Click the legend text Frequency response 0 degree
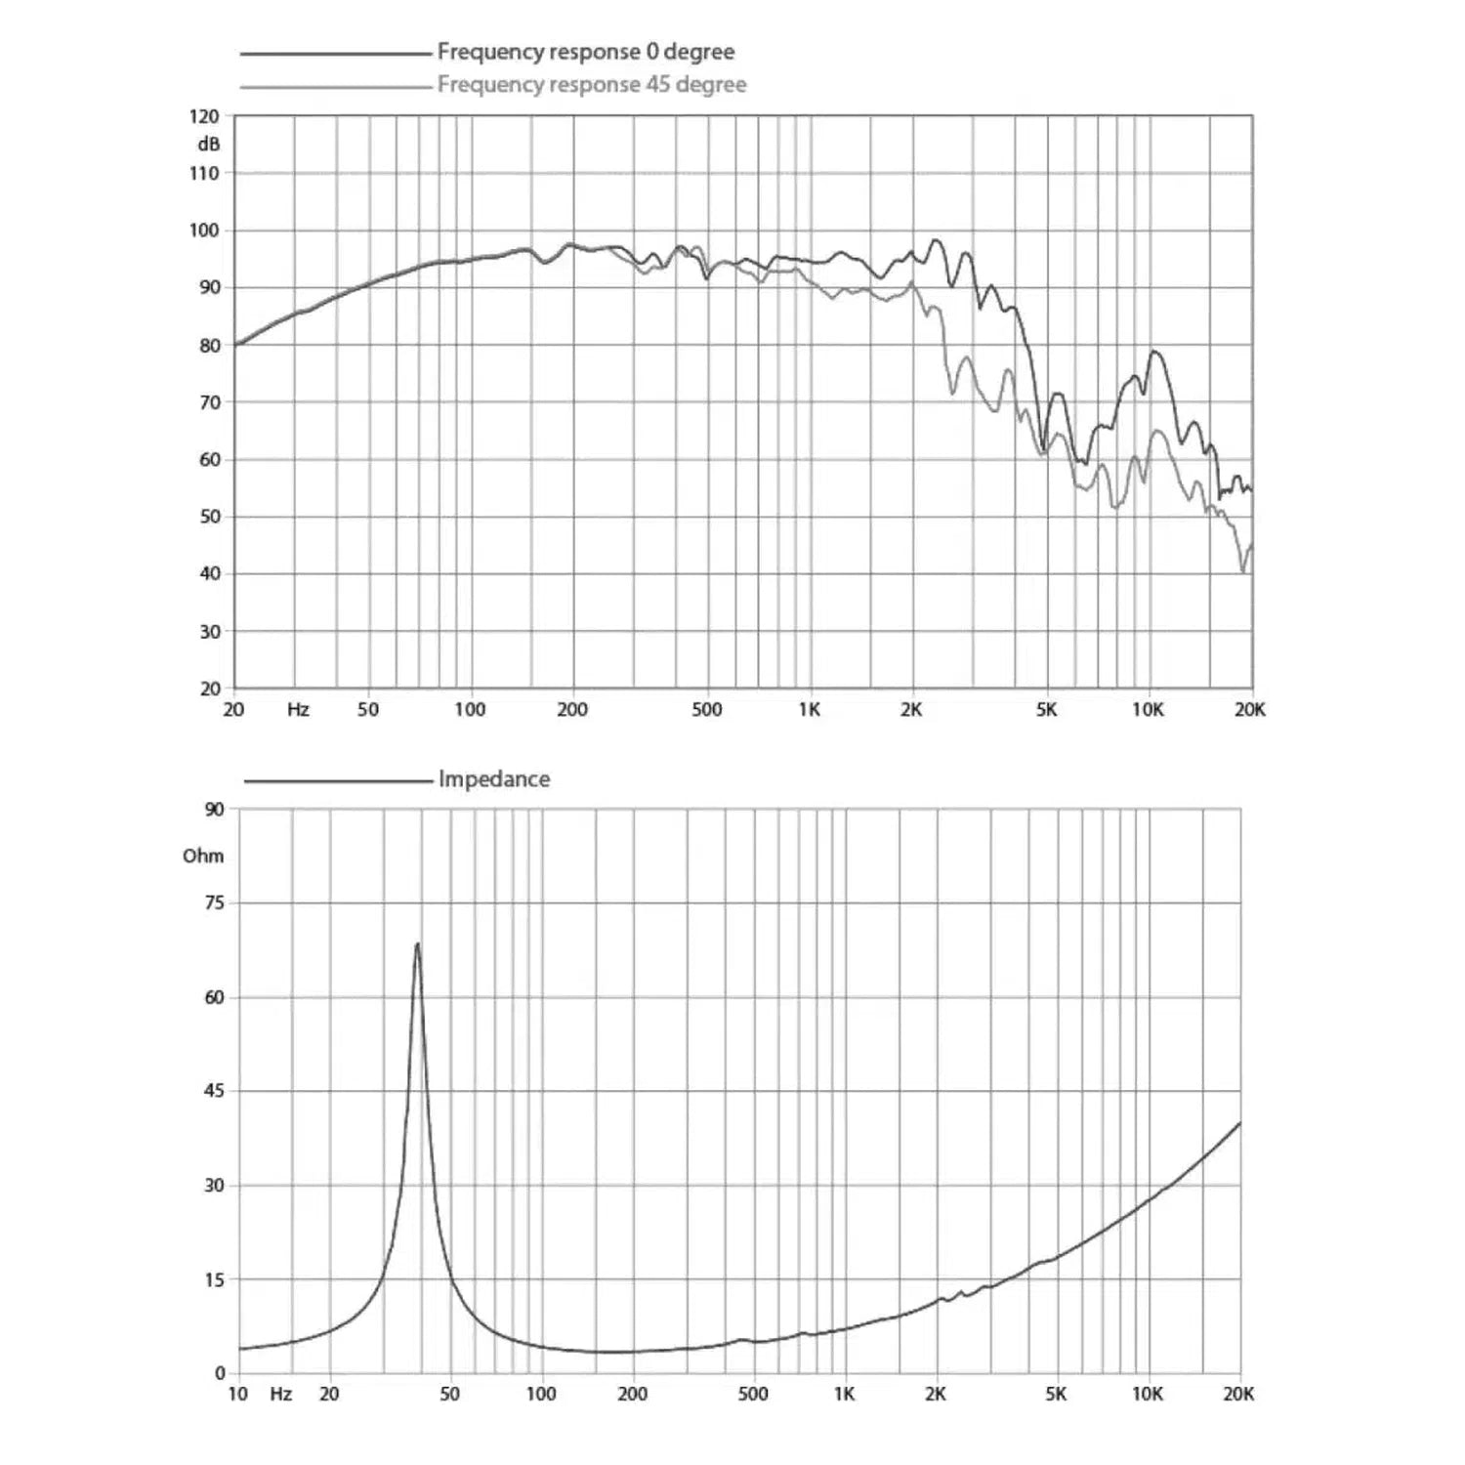[585, 52]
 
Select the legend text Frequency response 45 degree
[591, 85]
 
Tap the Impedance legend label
[493, 779]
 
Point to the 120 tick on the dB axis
[204, 116]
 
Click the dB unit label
[209, 145]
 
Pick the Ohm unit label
[203, 856]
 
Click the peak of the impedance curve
[417, 944]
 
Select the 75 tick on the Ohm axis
[214, 903]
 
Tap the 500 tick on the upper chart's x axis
[706, 710]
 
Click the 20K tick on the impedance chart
[1237, 1394]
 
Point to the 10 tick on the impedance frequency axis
[237, 1394]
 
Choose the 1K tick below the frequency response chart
[809, 710]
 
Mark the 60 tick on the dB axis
[210, 460]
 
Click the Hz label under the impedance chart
[280, 1394]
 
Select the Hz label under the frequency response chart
[298, 710]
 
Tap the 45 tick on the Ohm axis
[214, 1091]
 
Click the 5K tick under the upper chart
[1046, 710]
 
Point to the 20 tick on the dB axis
[210, 689]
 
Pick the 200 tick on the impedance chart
[632, 1394]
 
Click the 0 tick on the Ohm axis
[220, 1373]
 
